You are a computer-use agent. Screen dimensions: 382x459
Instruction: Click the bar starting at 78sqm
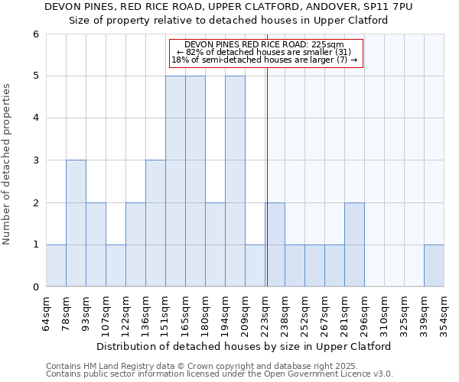point(76,223)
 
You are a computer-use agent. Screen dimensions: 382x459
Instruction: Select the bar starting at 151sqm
point(175,181)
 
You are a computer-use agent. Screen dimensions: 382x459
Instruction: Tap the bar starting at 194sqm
point(235,181)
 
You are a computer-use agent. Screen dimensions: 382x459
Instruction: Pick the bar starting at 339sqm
point(434,266)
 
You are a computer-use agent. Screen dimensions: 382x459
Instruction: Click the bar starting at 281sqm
point(354,244)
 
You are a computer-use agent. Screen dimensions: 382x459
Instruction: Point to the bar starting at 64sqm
point(56,266)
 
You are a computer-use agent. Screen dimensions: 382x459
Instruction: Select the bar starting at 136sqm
point(155,223)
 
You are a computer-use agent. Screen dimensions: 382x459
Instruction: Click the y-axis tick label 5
point(36,76)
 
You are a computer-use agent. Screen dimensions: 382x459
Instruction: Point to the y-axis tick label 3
point(36,160)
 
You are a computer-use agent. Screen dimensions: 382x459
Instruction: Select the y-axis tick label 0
point(36,287)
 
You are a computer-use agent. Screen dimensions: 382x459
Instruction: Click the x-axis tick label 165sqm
point(185,313)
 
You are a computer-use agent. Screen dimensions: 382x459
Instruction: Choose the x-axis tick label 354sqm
point(444,313)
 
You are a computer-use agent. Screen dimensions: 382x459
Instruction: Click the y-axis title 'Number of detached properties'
point(8,164)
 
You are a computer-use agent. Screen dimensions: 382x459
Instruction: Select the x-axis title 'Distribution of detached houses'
point(244,346)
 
